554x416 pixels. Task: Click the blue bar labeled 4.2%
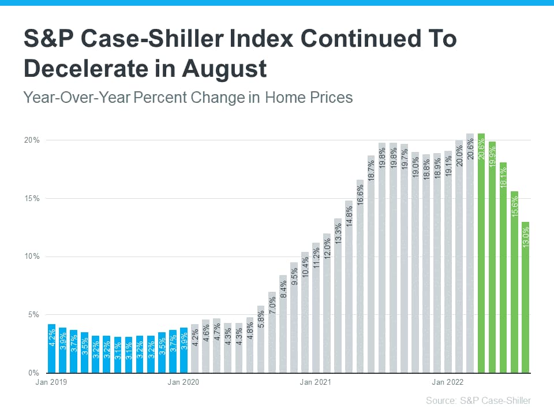(x=51, y=349)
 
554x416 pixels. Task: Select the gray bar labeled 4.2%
(x=194, y=349)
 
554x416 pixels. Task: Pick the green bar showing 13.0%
(x=525, y=297)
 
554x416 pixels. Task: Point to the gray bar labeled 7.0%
(x=272, y=332)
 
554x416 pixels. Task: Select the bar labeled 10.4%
(x=305, y=313)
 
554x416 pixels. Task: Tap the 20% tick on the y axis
(x=32, y=140)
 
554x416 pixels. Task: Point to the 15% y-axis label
(x=32, y=198)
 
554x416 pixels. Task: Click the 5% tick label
(x=33, y=315)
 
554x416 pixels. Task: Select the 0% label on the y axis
(x=33, y=373)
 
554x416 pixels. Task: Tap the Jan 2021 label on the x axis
(x=315, y=382)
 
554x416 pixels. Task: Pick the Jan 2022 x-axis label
(x=447, y=382)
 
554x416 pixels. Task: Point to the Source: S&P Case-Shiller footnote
(x=478, y=400)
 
